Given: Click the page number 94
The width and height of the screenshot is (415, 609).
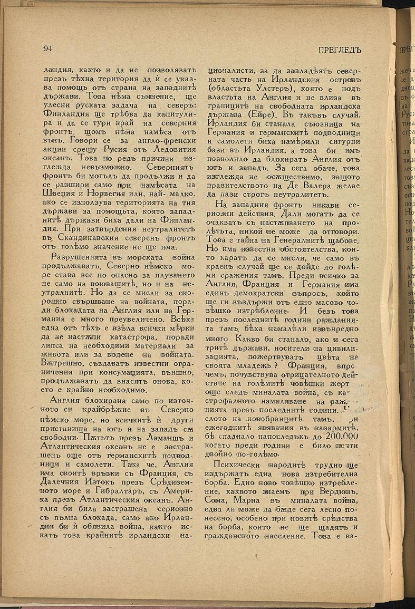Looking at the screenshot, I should pyautogui.click(x=47, y=49).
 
